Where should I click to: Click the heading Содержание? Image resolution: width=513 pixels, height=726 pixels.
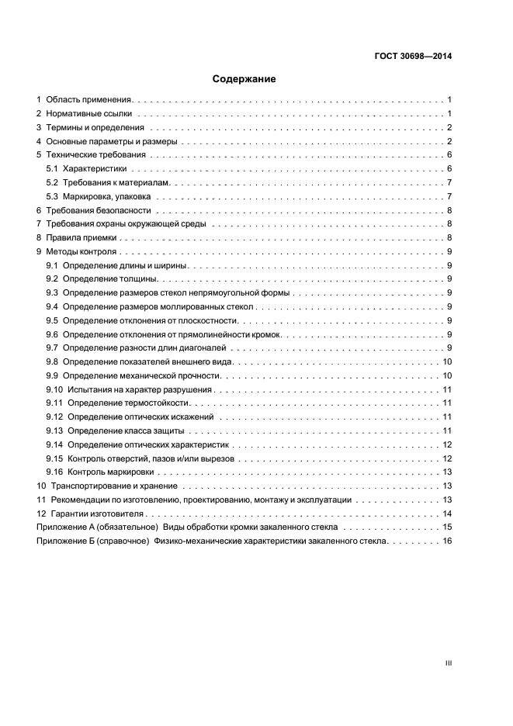244,78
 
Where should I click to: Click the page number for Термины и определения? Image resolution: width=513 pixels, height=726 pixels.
449,127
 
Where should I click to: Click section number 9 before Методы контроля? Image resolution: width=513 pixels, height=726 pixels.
39,251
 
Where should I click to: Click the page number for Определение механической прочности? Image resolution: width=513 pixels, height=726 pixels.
447,375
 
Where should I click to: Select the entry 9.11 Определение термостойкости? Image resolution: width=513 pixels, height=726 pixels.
129,403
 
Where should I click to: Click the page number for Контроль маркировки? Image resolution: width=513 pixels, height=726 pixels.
447,472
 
